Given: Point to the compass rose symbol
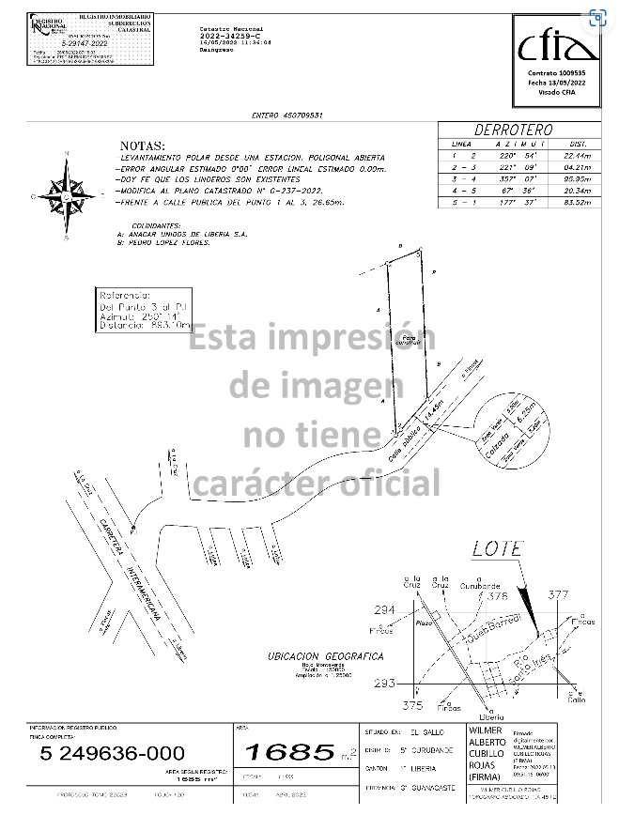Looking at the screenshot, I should click(67, 196).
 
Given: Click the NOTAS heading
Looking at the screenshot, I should click(142, 147).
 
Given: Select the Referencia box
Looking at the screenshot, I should click(146, 311).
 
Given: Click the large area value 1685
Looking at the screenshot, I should click(289, 751).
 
